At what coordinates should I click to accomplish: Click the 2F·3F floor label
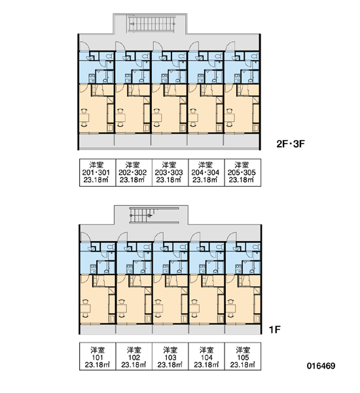pos(291,144)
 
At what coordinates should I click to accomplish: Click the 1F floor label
pos(275,329)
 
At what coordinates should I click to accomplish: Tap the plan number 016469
pos(321,366)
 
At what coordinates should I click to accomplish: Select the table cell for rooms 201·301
pos(98,172)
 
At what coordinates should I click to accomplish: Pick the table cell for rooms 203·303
pos(170,172)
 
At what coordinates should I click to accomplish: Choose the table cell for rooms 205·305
pos(243,172)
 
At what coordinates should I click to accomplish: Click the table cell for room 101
pos(98,356)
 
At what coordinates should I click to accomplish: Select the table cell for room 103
pos(170,356)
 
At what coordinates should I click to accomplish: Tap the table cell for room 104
pos(206,356)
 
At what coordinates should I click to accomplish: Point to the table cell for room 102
pos(134,356)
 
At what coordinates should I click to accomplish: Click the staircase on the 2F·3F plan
pos(152,24)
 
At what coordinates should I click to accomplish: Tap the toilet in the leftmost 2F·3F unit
pos(110,56)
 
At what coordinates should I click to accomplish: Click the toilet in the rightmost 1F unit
pos(256,247)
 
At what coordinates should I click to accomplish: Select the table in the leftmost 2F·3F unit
pos(84,117)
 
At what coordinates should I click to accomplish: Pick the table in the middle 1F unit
pos(158,309)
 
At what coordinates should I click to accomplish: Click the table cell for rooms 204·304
pos(206,172)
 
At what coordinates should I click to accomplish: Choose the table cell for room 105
pos(243,356)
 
